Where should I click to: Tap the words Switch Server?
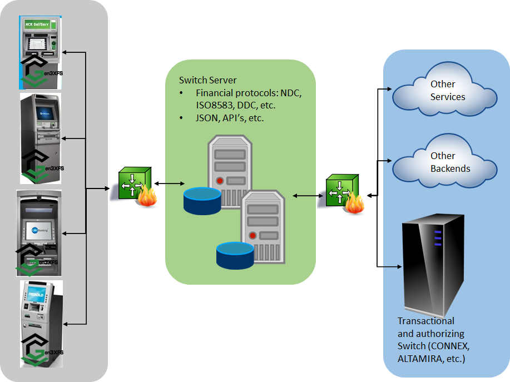tap(207, 81)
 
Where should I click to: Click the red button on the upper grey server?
tap(220, 181)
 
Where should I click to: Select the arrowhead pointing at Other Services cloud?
tap(390, 88)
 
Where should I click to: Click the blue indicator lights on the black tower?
tap(437, 237)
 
